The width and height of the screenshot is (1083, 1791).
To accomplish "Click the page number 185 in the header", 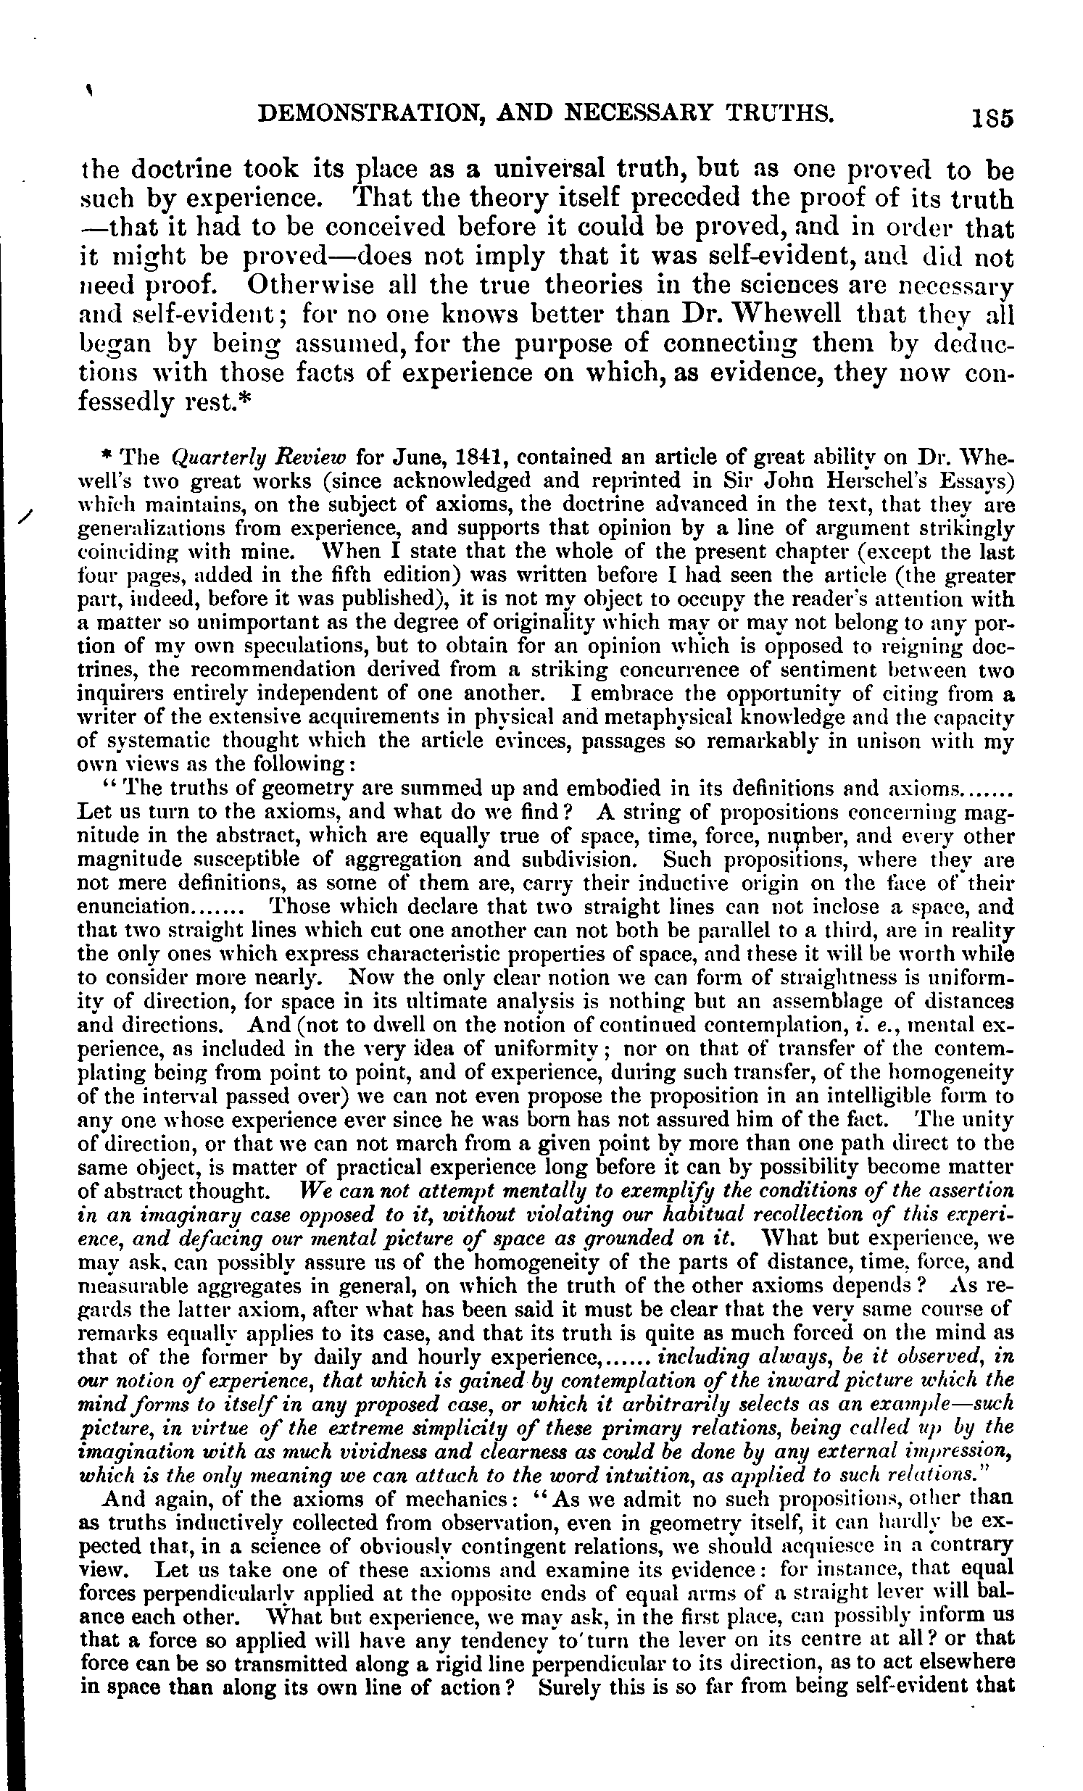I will click(x=993, y=117).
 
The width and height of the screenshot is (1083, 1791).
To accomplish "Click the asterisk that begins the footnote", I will click(x=107, y=456).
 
